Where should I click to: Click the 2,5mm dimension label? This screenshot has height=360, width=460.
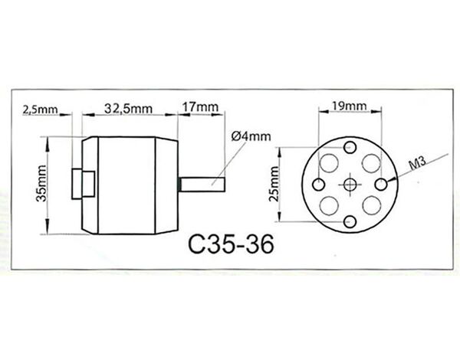[x=40, y=110]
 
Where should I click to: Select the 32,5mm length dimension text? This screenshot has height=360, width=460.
[x=129, y=109]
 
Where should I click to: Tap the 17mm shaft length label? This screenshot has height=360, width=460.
[x=201, y=106]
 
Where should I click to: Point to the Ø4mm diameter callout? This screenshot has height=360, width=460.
[x=251, y=136]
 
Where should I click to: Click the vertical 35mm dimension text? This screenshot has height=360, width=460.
[x=41, y=184]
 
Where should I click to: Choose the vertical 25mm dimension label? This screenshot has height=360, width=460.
[x=274, y=184]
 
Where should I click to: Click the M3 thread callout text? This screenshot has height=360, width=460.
[x=417, y=163]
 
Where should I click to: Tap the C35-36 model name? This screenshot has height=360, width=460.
[x=231, y=244]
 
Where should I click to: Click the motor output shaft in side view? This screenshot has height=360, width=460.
[x=202, y=185]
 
